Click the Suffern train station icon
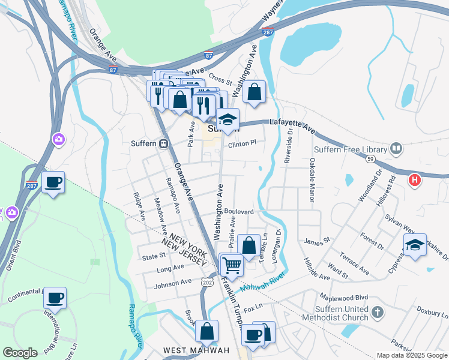(163, 143)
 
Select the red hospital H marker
(414, 179)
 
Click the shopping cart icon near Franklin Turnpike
(232, 264)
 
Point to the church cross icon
(376, 312)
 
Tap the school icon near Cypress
(414, 245)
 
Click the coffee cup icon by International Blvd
(55, 297)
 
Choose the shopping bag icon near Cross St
(255, 92)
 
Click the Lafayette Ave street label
(292, 125)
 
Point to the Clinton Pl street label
(242, 143)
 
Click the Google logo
(20, 353)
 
